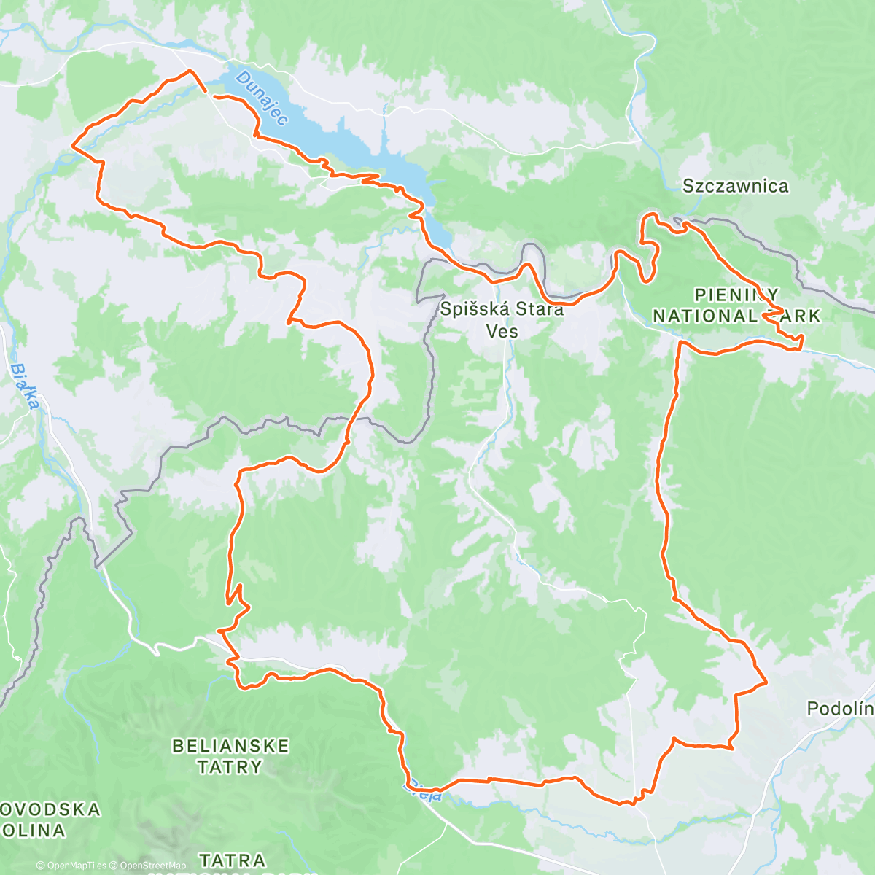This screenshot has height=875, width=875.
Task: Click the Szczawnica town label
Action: (x=735, y=186)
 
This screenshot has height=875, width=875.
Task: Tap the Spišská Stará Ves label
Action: (x=502, y=319)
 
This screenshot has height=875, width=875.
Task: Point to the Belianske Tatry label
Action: (x=230, y=756)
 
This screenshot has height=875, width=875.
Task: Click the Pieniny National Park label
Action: (x=736, y=306)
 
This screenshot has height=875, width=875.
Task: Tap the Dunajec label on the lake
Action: (x=262, y=98)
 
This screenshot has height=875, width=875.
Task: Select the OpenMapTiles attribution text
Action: (x=71, y=866)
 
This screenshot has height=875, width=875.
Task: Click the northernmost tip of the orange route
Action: (x=190, y=71)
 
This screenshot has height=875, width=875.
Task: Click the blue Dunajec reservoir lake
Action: (x=328, y=139)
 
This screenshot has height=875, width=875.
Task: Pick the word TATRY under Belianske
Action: (x=230, y=767)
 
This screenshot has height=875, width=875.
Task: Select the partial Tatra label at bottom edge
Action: (x=232, y=861)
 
